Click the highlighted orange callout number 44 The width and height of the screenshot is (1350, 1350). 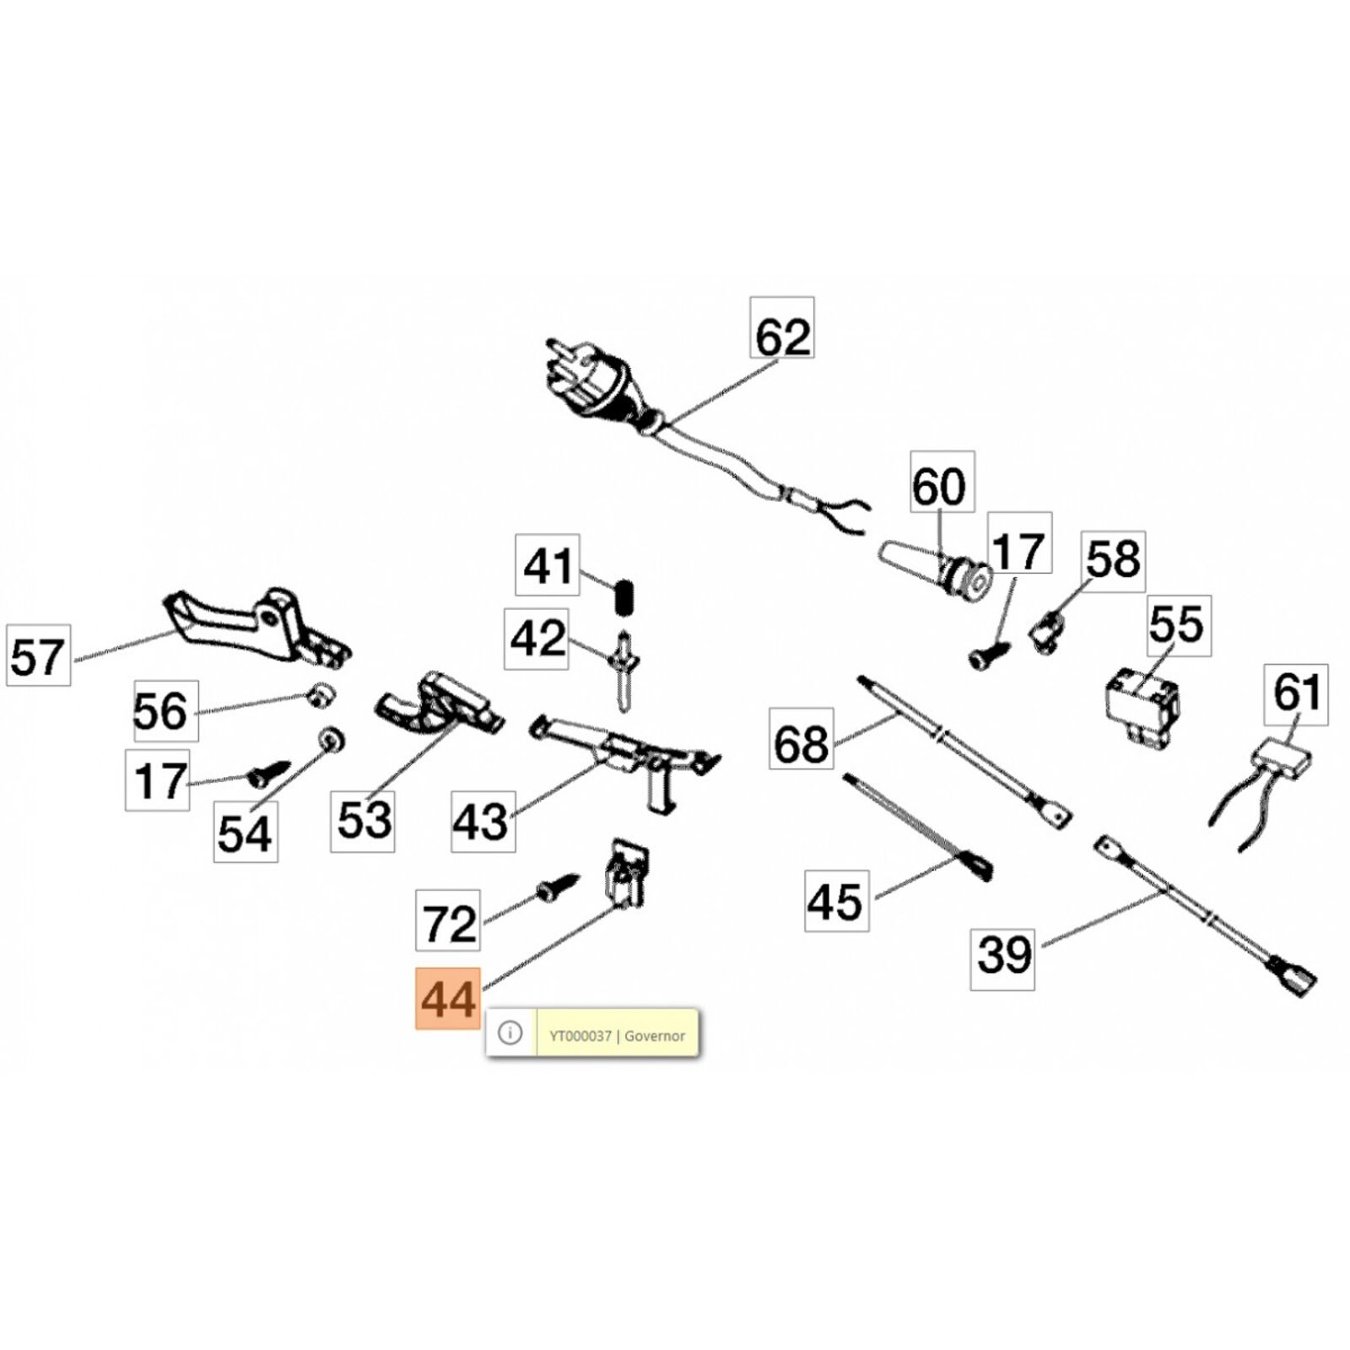click(x=448, y=999)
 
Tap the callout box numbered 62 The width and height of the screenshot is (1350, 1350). click(x=782, y=327)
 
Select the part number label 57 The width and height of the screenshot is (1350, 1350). click(x=38, y=656)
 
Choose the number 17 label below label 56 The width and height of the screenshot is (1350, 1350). click(x=158, y=780)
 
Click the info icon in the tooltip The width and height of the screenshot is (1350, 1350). click(x=510, y=1033)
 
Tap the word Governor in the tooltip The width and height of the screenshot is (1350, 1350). click(x=655, y=1036)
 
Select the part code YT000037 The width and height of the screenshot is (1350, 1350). click(x=580, y=1036)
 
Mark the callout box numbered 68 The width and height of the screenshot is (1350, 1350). click(x=801, y=739)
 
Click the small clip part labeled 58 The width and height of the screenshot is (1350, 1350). click(x=1047, y=629)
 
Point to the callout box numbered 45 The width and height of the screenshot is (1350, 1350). click(x=836, y=900)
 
